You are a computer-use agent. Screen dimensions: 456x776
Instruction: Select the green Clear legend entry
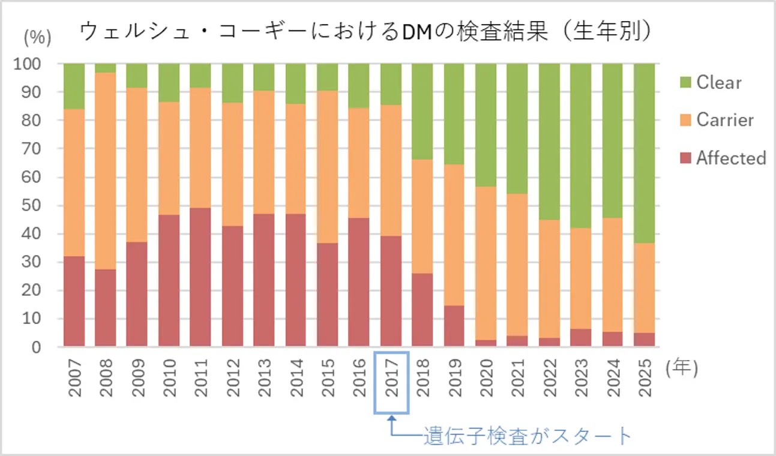pos(718,82)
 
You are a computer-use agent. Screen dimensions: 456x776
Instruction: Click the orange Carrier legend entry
pos(724,120)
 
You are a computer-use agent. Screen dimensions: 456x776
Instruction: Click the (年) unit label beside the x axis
pos(681,368)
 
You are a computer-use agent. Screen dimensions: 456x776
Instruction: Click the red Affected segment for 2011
pos(200,277)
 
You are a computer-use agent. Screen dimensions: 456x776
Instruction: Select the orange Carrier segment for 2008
pos(106,171)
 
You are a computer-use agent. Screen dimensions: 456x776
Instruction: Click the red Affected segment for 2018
pos(423,310)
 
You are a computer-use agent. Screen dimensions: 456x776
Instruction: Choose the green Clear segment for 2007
pos(74,86)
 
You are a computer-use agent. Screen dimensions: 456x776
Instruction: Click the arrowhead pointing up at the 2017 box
pos(391,420)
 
